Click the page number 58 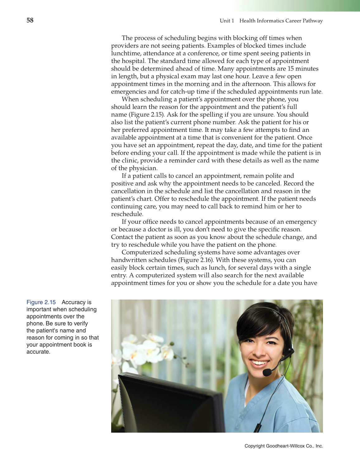coord(30,20)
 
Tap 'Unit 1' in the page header coord(227,21)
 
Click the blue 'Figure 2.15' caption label coord(41,302)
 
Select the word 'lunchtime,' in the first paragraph coord(126,53)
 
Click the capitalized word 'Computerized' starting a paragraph coord(142,252)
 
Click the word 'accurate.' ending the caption coord(38,352)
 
